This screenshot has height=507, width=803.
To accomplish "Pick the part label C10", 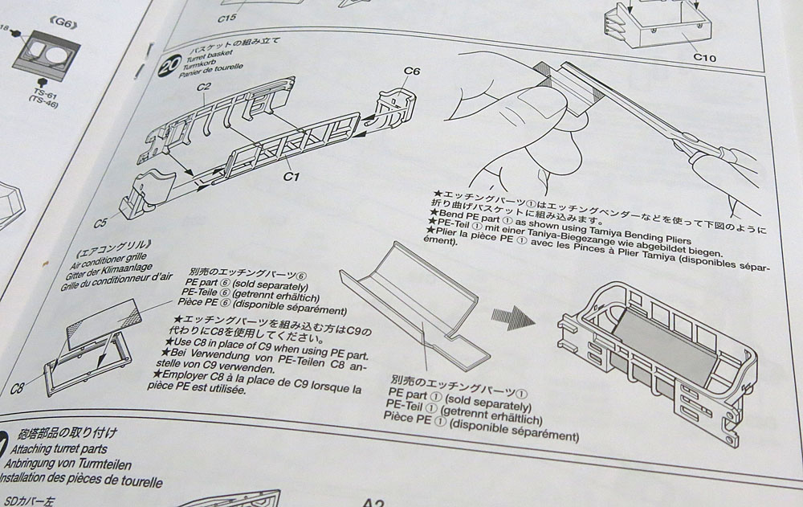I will tap(703, 58).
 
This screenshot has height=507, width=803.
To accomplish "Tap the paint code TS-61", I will tap(47, 92).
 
